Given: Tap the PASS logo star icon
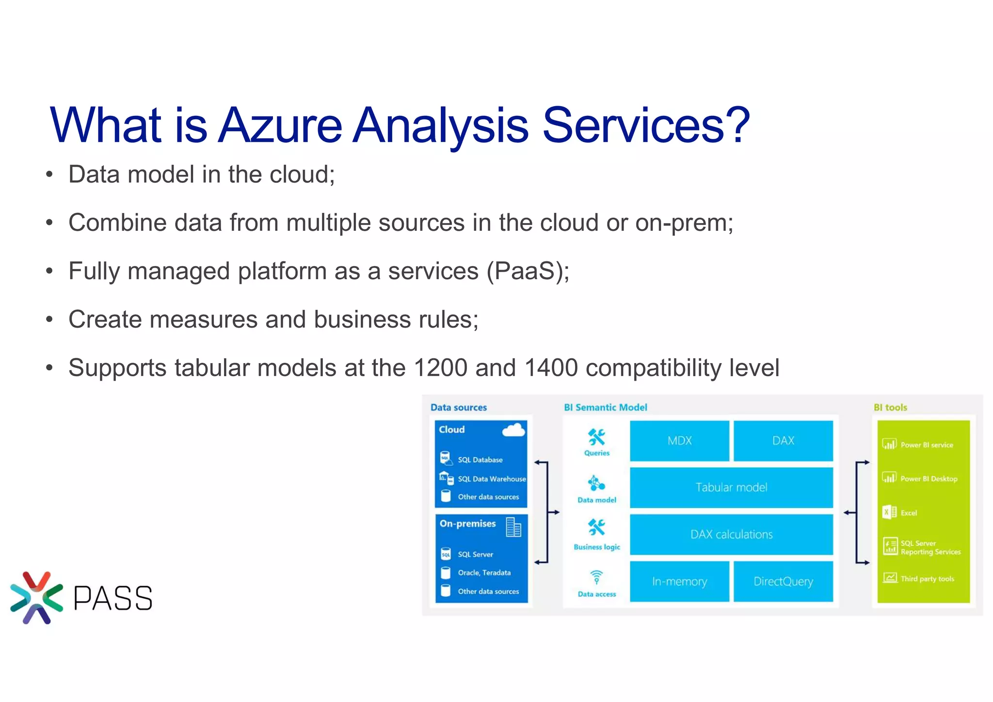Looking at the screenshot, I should (x=37, y=597).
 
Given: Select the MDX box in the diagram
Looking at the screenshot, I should (x=679, y=441).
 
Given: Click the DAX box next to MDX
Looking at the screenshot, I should (x=783, y=441).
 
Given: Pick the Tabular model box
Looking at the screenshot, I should (x=731, y=487).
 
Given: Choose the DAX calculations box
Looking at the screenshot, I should (x=731, y=534).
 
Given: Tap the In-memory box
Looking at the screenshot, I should (x=679, y=581).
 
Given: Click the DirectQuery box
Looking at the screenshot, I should (x=783, y=581).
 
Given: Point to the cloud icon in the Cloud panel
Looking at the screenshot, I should (x=514, y=430).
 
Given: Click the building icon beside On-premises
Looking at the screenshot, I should (x=513, y=527).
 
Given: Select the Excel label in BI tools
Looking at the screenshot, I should (x=909, y=513).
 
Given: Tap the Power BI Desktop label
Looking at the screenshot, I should (x=929, y=479).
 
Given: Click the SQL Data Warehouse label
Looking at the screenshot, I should (x=492, y=479).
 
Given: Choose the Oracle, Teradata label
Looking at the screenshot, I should (x=484, y=573).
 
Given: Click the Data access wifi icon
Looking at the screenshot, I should (x=596, y=577).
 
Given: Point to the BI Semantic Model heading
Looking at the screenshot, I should (x=605, y=407).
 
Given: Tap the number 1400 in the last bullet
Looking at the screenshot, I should (x=551, y=367).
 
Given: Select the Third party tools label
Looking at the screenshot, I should (x=927, y=579).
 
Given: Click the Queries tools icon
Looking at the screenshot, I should (x=596, y=437).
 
